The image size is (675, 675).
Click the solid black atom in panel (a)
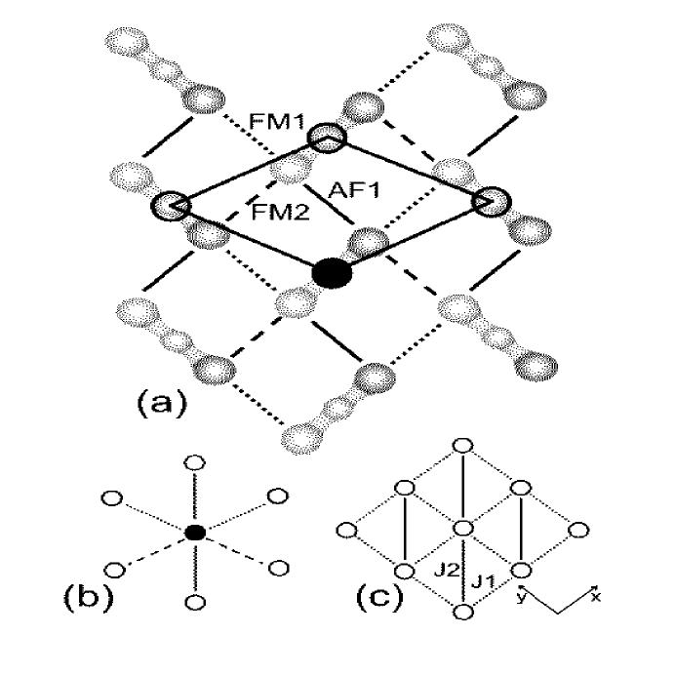point(333,275)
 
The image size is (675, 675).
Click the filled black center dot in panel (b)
point(196,532)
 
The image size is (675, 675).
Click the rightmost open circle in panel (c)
point(582,530)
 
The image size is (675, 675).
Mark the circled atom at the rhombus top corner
point(327,139)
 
